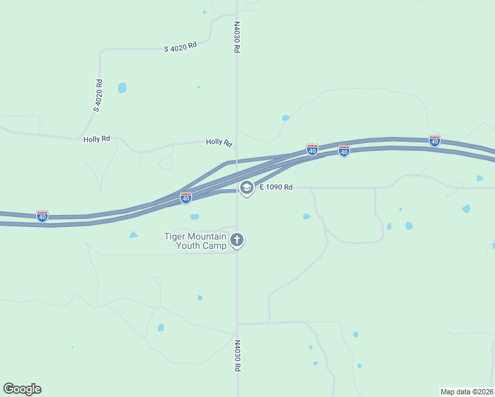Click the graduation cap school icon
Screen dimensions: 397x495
pos(247,188)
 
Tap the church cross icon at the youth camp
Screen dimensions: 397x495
pos(237,240)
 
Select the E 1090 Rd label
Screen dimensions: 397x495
pos(276,187)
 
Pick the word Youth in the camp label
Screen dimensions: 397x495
pos(188,246)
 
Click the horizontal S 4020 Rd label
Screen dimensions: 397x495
pos(181,46)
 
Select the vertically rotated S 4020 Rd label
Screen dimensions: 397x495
pos(97,96)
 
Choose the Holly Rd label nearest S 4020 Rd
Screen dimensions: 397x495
pos(97,139)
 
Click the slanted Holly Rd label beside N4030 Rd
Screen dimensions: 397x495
pos(219,142)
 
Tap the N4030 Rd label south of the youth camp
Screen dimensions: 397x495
pos(236,356)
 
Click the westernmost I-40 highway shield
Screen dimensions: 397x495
pos(42,216)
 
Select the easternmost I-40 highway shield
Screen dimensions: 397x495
pos(434,141)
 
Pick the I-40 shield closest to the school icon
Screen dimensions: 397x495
pos(186,197)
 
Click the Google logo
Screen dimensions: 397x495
pos(22,389)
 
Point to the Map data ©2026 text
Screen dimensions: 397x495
pos(467,391)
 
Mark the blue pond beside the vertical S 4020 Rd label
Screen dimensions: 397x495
pos(122,87)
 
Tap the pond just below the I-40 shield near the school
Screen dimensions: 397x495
pos(195,216)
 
